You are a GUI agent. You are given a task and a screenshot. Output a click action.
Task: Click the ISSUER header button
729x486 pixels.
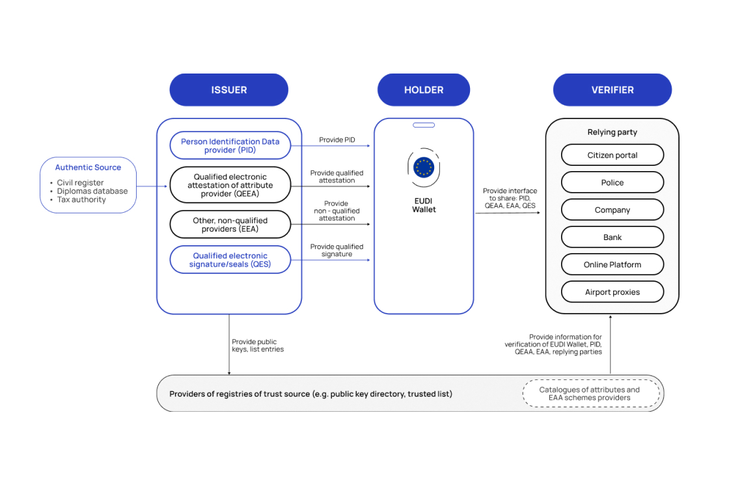click(228, 90)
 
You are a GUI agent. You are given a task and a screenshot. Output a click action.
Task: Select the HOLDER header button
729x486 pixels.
click(423, 90)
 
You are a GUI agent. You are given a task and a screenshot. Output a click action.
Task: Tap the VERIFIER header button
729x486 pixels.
click(612, 90)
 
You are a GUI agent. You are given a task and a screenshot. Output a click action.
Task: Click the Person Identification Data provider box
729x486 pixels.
click(230, 146)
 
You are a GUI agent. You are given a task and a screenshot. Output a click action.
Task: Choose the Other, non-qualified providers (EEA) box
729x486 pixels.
click(230, 224)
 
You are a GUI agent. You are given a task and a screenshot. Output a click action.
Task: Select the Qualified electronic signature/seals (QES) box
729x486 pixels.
click(230, 260)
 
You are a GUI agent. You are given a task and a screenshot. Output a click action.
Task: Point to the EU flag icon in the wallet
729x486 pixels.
click(424, 167)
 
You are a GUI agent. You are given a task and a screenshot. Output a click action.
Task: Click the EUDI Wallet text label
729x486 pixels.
click(424, 206)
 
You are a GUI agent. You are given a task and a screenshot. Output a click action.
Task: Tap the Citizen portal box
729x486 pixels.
click(612, 155)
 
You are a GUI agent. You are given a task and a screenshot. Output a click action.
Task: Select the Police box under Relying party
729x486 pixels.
click(612, 183)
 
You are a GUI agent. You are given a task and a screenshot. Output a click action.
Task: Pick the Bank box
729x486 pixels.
click(612, 237)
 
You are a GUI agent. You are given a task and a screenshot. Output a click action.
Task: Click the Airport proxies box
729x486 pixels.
click(612, 292)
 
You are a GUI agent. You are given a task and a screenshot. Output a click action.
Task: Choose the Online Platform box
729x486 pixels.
click(612, 265)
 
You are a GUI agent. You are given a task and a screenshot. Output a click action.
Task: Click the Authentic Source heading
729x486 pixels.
click(88, 167)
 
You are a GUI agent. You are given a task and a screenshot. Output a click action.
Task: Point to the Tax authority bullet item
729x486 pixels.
click(81, 200)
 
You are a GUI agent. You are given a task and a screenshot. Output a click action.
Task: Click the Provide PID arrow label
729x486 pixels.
click(337, 140)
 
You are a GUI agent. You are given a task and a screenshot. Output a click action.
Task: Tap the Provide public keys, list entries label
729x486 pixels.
click(258, 345)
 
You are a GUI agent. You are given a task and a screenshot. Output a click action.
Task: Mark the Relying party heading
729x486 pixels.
click(612, 132)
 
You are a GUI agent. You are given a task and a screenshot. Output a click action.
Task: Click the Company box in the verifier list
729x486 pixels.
click(612, 210)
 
